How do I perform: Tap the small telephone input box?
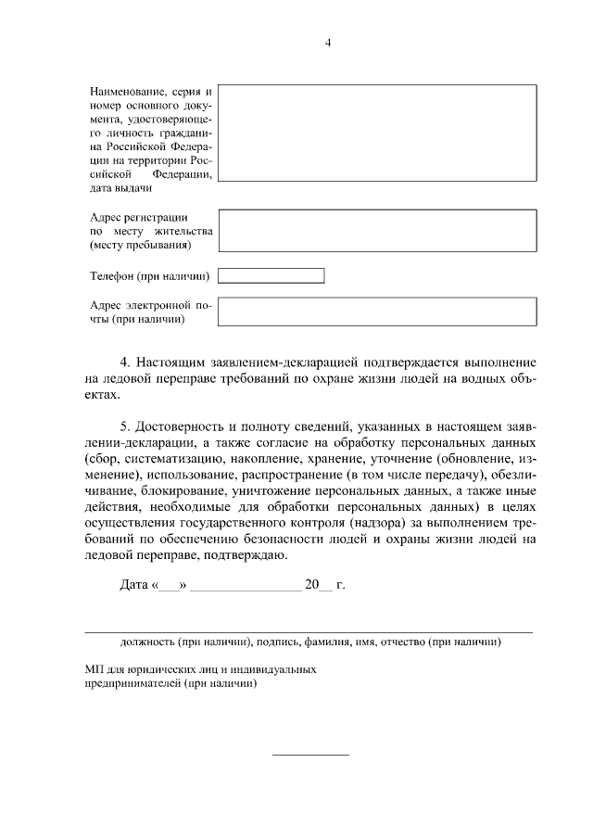(271, 275)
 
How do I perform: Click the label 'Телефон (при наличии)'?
(149, 276)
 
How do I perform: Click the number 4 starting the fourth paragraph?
(125, 361)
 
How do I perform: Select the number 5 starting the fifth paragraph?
(125, 427)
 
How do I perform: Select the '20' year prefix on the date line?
(311, 585)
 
